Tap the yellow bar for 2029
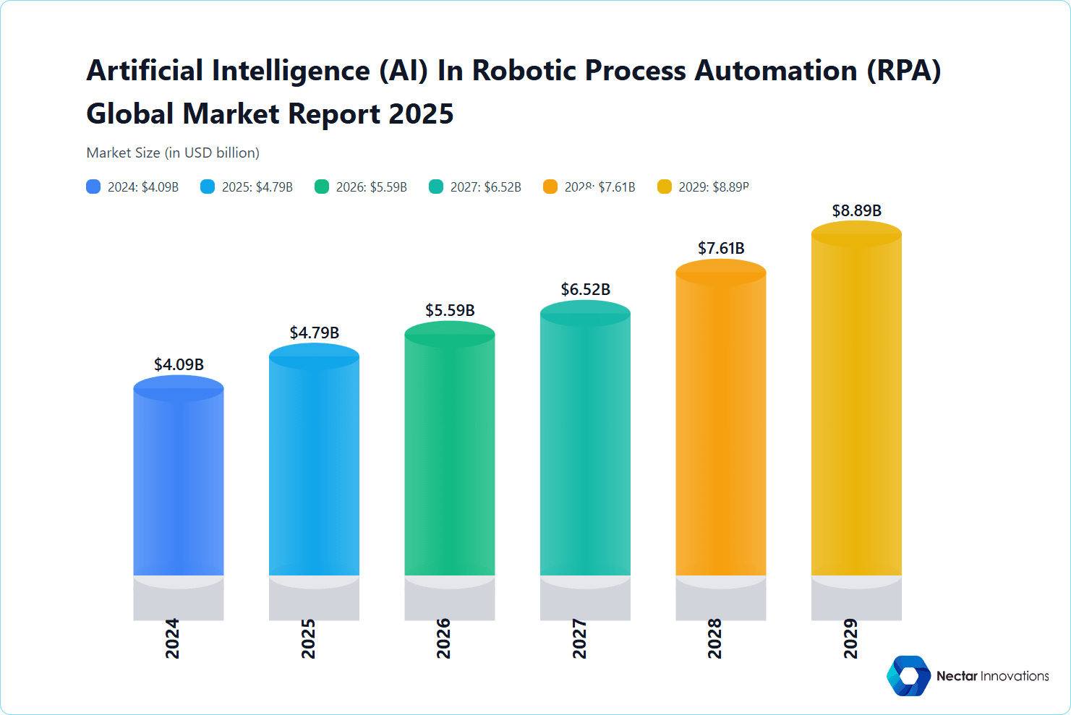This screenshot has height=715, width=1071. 856,405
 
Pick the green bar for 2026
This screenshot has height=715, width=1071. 449,455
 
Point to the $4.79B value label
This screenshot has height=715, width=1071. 314,333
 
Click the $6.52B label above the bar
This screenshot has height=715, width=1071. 585,289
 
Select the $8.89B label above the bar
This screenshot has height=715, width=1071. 856,210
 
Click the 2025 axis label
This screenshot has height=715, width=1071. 308,638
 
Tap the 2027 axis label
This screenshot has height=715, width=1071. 579,638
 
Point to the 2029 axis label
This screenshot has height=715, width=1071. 850,638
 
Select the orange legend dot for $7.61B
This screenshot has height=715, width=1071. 550,187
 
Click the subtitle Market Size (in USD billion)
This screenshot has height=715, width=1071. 173,153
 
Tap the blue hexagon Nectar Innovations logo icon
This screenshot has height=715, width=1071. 909,676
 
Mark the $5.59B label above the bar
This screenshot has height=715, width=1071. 450,310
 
